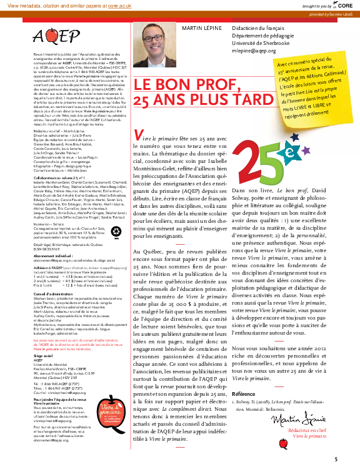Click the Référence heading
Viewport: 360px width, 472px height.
244,376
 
